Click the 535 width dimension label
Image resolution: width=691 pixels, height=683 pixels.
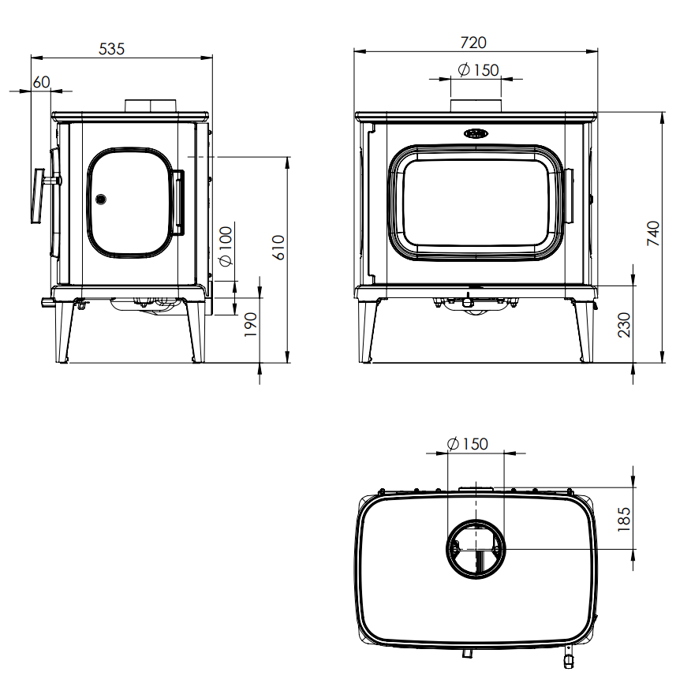click(x=111, y=48)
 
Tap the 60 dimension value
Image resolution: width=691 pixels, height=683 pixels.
click(x=42, y=82)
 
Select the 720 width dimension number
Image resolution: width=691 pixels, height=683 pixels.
click(x=473, y=43)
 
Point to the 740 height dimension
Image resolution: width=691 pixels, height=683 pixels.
click(x=653, y=233)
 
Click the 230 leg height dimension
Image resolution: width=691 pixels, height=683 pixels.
click(x=624, y=325)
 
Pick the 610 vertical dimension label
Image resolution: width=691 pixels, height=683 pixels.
click(x=278, y=248)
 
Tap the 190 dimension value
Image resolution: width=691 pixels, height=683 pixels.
click(x=250, y=325)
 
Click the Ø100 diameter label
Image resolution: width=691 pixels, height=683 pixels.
click(x=225, y=247)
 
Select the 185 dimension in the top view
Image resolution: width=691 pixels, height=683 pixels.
click(x=624, y=519)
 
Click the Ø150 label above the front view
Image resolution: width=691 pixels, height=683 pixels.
click(x=478, y=69)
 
